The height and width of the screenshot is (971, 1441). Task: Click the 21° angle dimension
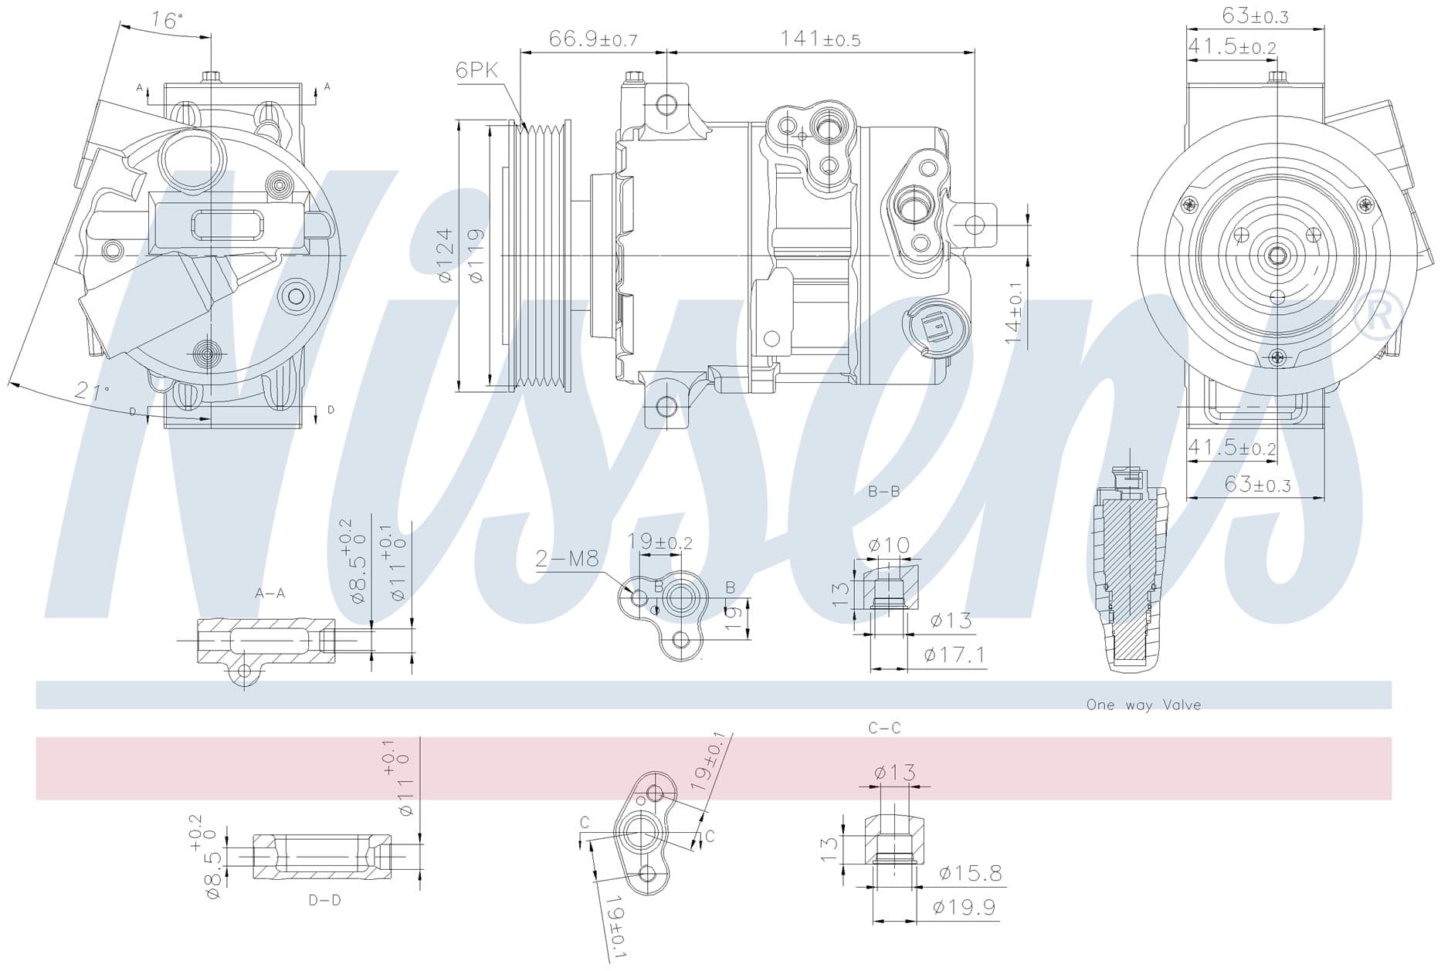tap(92, 391)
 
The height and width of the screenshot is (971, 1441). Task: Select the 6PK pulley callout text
tap(476, 70)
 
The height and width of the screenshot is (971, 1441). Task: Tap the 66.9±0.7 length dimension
tap(593, 39)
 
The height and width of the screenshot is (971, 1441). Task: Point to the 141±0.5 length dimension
tap(820, 39)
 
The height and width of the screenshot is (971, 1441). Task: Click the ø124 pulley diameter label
tap(446, 254)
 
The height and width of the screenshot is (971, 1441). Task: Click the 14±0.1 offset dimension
tap(1014, 313)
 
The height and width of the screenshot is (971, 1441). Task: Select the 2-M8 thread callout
tap(567, 558)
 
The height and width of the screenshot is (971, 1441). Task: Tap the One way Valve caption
tap(1144, 705)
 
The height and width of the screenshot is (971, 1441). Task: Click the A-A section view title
tap(270, 594)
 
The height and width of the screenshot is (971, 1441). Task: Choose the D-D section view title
tap(324, 900)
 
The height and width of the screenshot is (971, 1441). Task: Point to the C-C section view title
tap(884, 728)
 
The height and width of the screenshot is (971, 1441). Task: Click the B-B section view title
tap(883, 491)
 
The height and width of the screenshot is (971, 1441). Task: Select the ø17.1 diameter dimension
tap(954, 655)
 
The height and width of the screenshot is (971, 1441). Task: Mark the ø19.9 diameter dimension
tap(965, 907)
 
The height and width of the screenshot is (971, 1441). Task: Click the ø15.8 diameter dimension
tap(971, 873)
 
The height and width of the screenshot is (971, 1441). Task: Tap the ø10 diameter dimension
tap(889, 545)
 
